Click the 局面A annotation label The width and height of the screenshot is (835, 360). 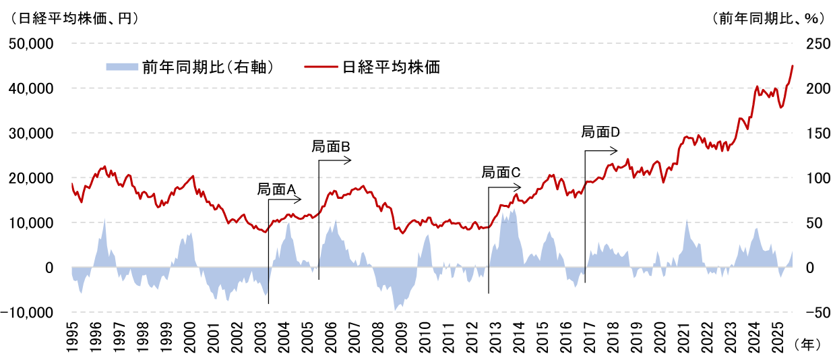tap(277, 189)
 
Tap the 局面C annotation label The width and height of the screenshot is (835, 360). tap(501, 173)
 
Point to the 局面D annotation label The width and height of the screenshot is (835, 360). tap(600, 132)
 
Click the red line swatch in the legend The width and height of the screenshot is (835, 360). tap(321, 67)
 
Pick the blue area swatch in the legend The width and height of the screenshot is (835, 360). tap(121, 67)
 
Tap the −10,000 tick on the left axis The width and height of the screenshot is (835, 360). tap(31, 313)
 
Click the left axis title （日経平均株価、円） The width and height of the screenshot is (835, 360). tap(71, 19)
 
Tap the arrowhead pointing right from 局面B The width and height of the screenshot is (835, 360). tap(349, 160)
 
